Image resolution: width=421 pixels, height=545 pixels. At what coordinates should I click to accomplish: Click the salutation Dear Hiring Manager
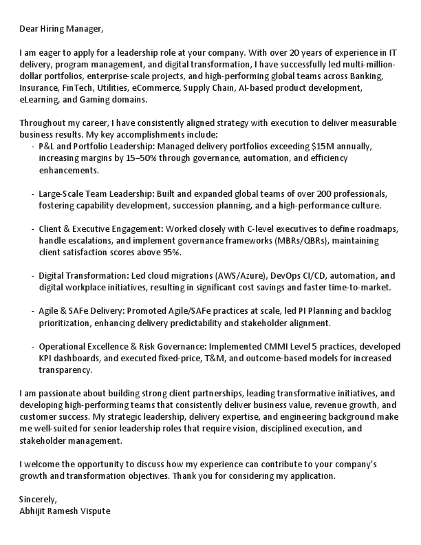tap(61, 29)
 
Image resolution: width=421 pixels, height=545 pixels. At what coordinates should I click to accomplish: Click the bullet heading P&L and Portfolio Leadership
tap(100, 147)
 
